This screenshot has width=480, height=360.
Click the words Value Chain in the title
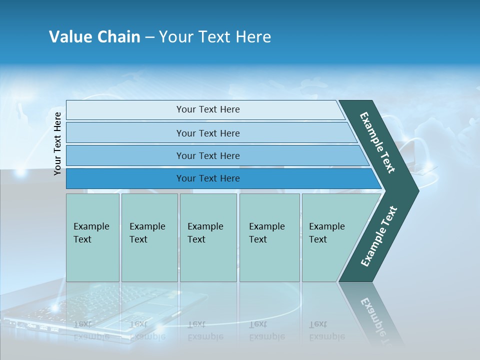94,37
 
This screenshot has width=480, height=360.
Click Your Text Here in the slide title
215,37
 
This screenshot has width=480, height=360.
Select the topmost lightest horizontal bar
125,110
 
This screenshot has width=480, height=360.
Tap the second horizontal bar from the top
125,133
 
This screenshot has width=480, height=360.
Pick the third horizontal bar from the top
125,155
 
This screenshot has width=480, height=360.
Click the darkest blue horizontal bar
125,178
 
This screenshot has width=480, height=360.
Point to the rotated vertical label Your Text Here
57,143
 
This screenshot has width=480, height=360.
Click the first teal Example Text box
92,260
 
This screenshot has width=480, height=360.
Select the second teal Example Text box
149,260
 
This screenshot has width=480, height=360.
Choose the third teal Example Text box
208,260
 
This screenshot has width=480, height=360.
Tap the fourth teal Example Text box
269,260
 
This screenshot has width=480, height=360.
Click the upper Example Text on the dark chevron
377,142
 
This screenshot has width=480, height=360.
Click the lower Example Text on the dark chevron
379,236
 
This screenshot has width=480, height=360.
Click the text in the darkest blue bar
208,178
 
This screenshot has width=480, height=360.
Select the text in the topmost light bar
208,109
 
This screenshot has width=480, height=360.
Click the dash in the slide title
149,37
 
